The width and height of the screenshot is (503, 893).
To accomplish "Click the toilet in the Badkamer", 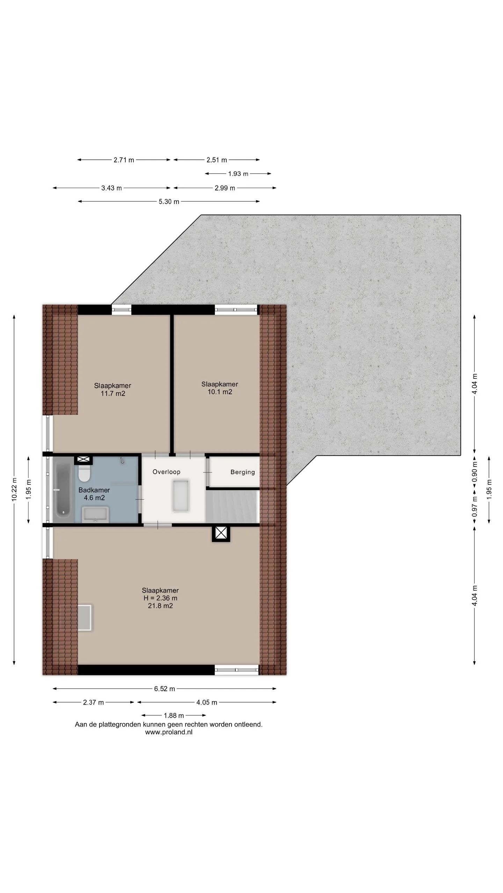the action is [84, 473].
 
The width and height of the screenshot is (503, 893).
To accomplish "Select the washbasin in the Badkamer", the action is [95, 515].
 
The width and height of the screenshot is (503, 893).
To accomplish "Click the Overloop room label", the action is [166, 472].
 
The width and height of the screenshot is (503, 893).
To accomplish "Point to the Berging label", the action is [242, 472].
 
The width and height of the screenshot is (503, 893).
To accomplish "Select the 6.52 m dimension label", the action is [165, 689].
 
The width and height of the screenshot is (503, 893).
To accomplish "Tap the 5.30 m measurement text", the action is [169, 202].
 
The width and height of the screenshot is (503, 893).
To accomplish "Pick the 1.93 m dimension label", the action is [238, 174].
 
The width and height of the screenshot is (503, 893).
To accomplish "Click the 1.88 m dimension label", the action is [174, 715].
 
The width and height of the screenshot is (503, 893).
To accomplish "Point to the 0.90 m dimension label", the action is [474, 472].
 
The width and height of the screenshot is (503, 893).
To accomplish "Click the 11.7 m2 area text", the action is [113, 393].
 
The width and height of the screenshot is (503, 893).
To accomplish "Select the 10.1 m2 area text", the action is [220, 392].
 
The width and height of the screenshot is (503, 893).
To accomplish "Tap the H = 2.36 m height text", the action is [160, 598].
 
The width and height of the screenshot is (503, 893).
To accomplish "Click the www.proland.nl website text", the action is [169, 732].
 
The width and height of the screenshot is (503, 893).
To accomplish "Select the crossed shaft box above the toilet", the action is [83, 460].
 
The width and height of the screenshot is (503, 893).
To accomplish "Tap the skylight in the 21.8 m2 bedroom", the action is [84, 617].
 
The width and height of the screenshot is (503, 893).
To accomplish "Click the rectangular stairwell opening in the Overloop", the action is [181, 495].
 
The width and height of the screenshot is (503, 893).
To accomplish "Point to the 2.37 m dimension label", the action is [93, 702].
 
